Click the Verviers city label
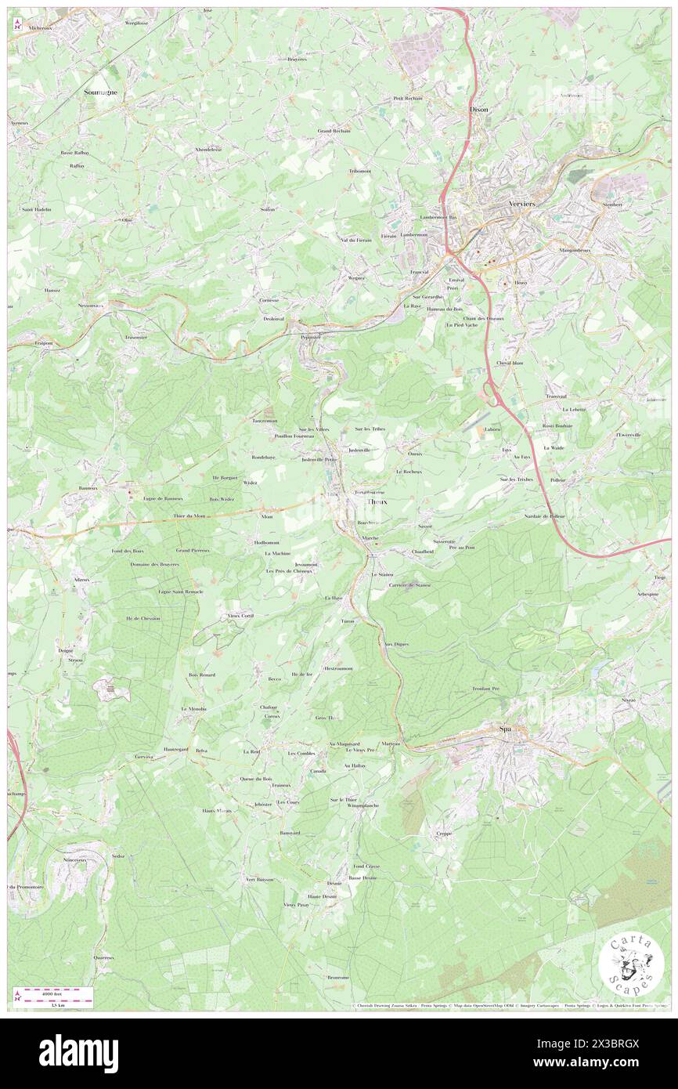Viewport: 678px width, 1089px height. tap(522, 204)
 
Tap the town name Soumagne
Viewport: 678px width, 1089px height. tap(101, 92)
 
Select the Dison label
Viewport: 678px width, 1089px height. tap(478, 110)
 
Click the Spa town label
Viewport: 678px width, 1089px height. tap(505, 730)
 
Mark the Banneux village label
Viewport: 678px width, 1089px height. tap(88, 487)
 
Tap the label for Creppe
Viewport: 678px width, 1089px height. tap(444, 834)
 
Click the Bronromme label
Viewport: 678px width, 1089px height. tap(337, 977)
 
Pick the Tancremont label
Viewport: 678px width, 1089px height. tap(265, 420)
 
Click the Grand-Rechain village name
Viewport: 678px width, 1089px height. tap(334, 131)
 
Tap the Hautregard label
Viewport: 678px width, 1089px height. tap(176, 750)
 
